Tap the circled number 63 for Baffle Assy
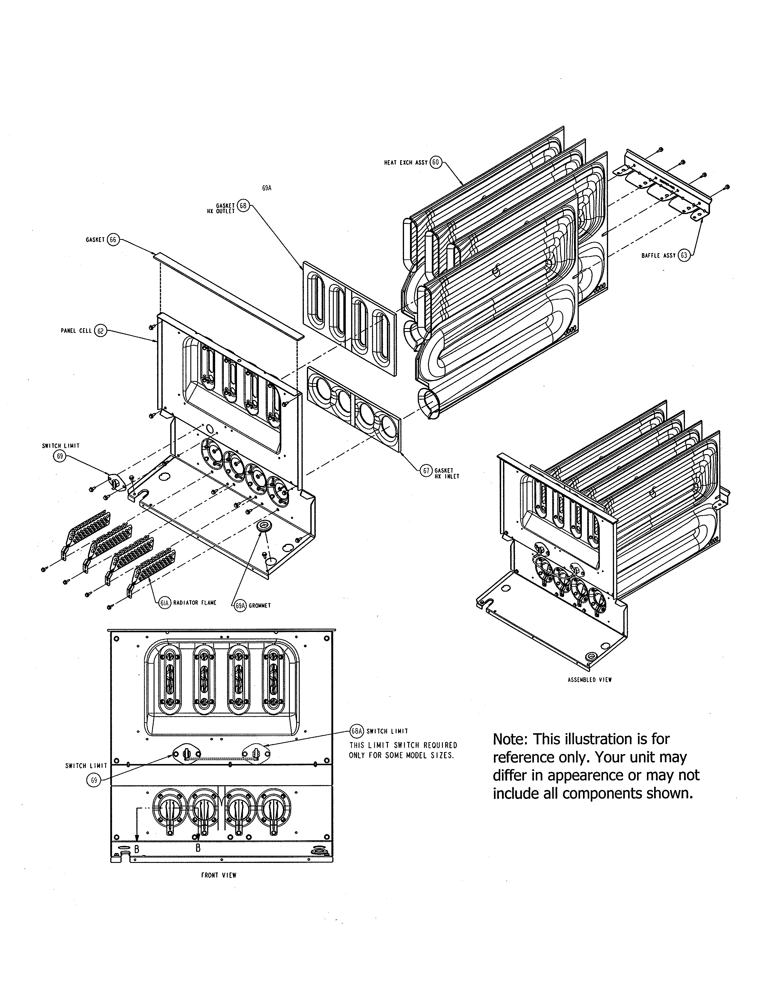684,255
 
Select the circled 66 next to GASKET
113,240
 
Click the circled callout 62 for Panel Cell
100,331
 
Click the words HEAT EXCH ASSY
406,163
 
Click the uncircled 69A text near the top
267,188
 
